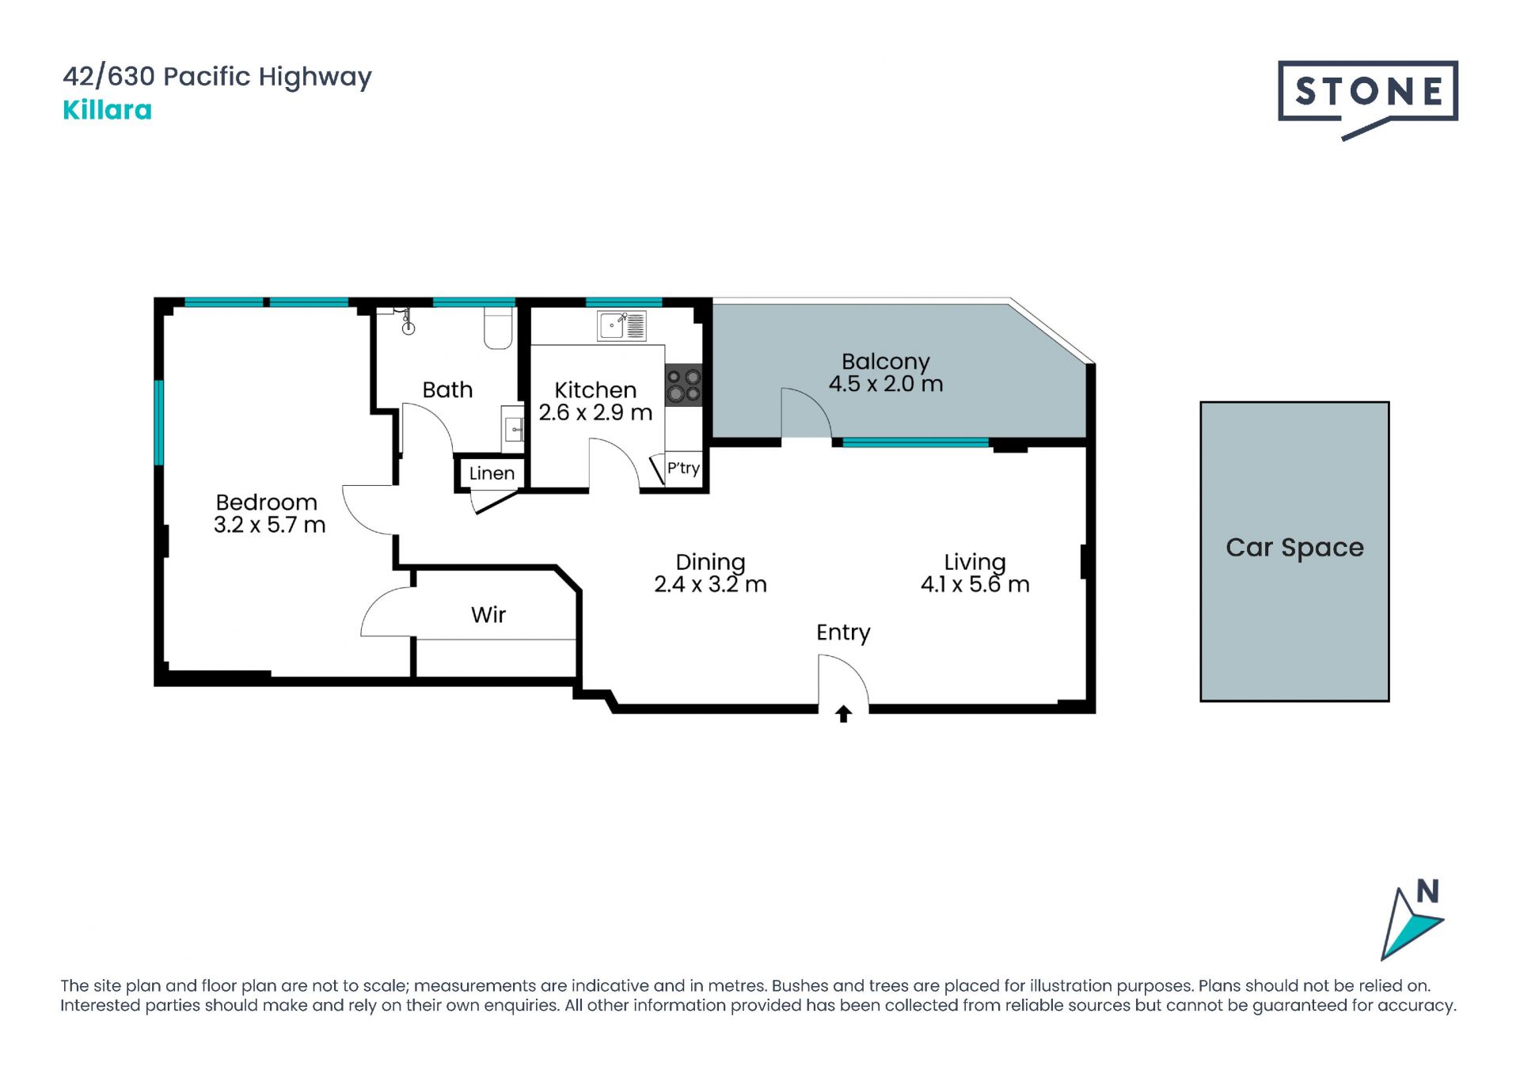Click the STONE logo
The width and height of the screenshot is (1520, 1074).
tap(1367, 98)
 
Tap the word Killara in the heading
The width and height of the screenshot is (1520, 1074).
tap(107, 110)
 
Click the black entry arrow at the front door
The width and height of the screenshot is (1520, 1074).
tap(843, 714)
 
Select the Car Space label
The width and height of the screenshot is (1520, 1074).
tap(1294, 548)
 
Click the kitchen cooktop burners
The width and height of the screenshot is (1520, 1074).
tap(683, 385)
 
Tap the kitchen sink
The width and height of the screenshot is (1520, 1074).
tap(621, 325)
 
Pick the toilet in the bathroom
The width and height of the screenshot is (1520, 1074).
tap(498, 328)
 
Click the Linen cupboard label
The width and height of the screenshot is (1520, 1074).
tap(492, 473)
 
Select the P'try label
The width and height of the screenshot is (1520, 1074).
tap(683, 468)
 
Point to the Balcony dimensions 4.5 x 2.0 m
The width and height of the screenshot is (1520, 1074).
tap(886, 384)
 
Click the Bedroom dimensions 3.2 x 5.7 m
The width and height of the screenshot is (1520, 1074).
tap(269, 525)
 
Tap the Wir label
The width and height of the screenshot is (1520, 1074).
tap(488, 615)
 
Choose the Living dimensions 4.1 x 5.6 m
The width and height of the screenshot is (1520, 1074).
tap(975, 584)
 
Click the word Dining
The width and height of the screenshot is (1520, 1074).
tap(710, 563)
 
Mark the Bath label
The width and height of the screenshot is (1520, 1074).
tap(447, 389)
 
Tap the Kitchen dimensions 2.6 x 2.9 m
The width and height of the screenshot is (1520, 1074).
tap(595, 412)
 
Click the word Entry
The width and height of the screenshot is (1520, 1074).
tap(843, 633)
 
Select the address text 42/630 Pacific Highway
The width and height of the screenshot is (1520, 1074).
tap(217, 77)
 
